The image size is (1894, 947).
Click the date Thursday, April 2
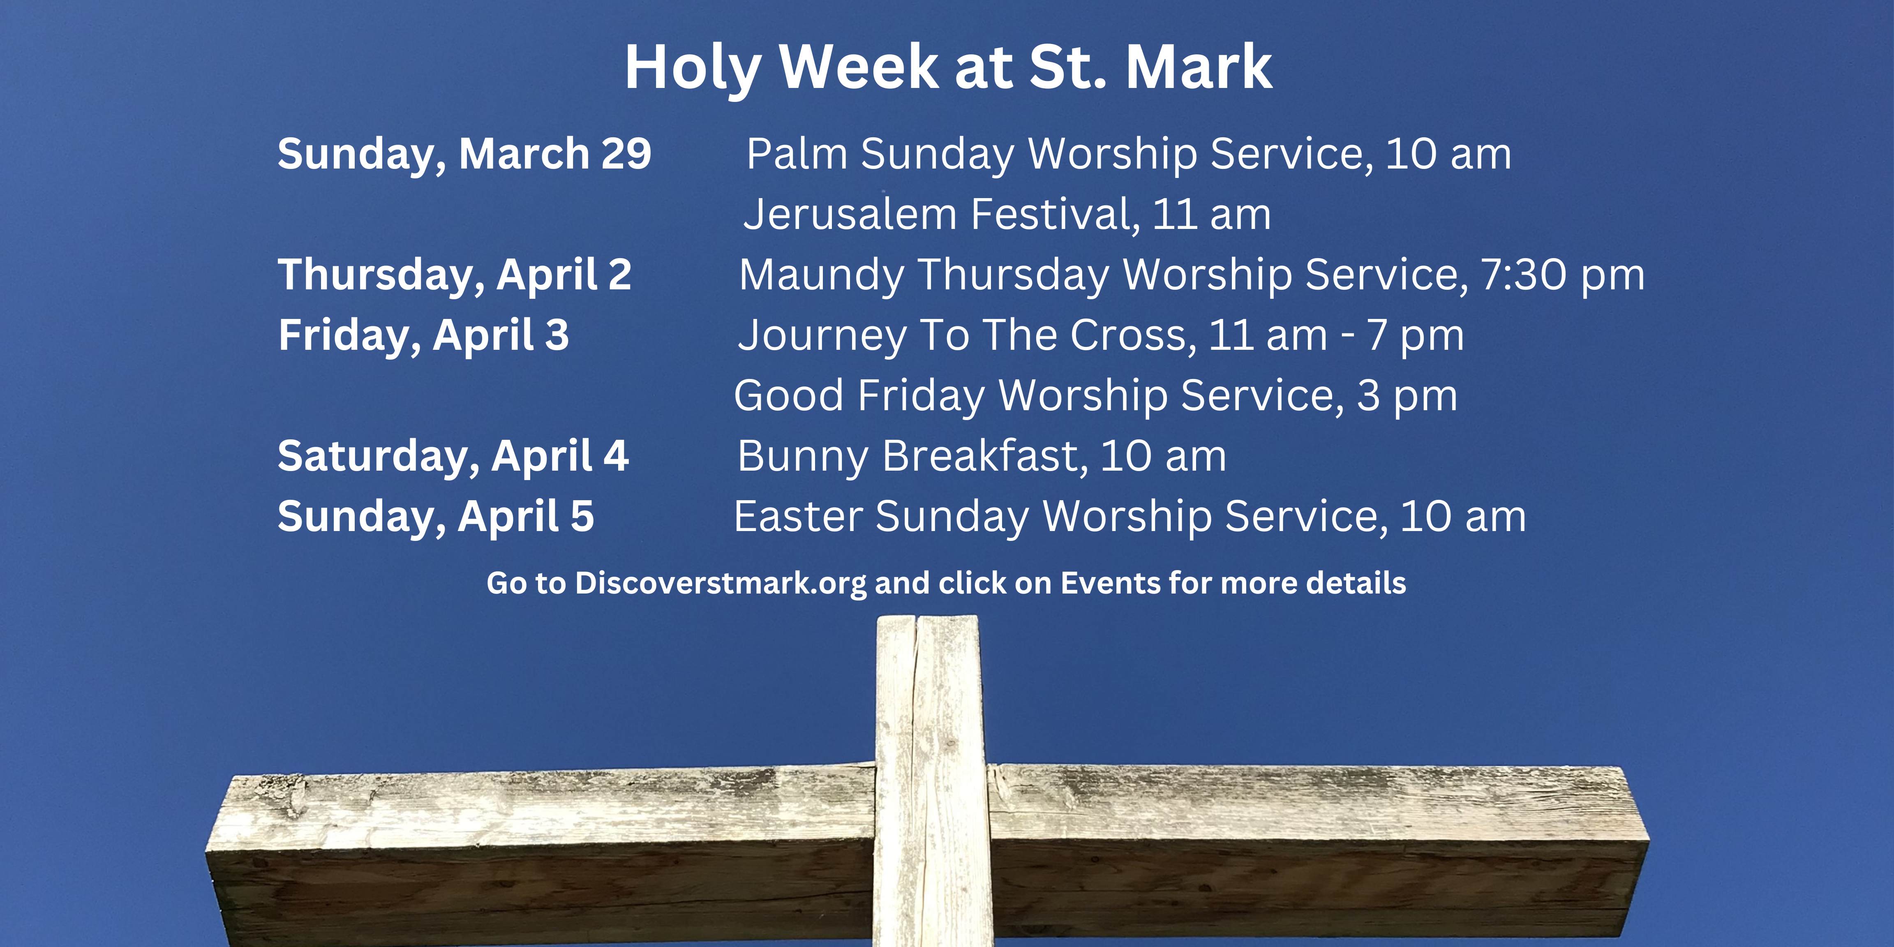pos(454,275)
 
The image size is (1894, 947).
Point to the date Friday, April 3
pos(423,336)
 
